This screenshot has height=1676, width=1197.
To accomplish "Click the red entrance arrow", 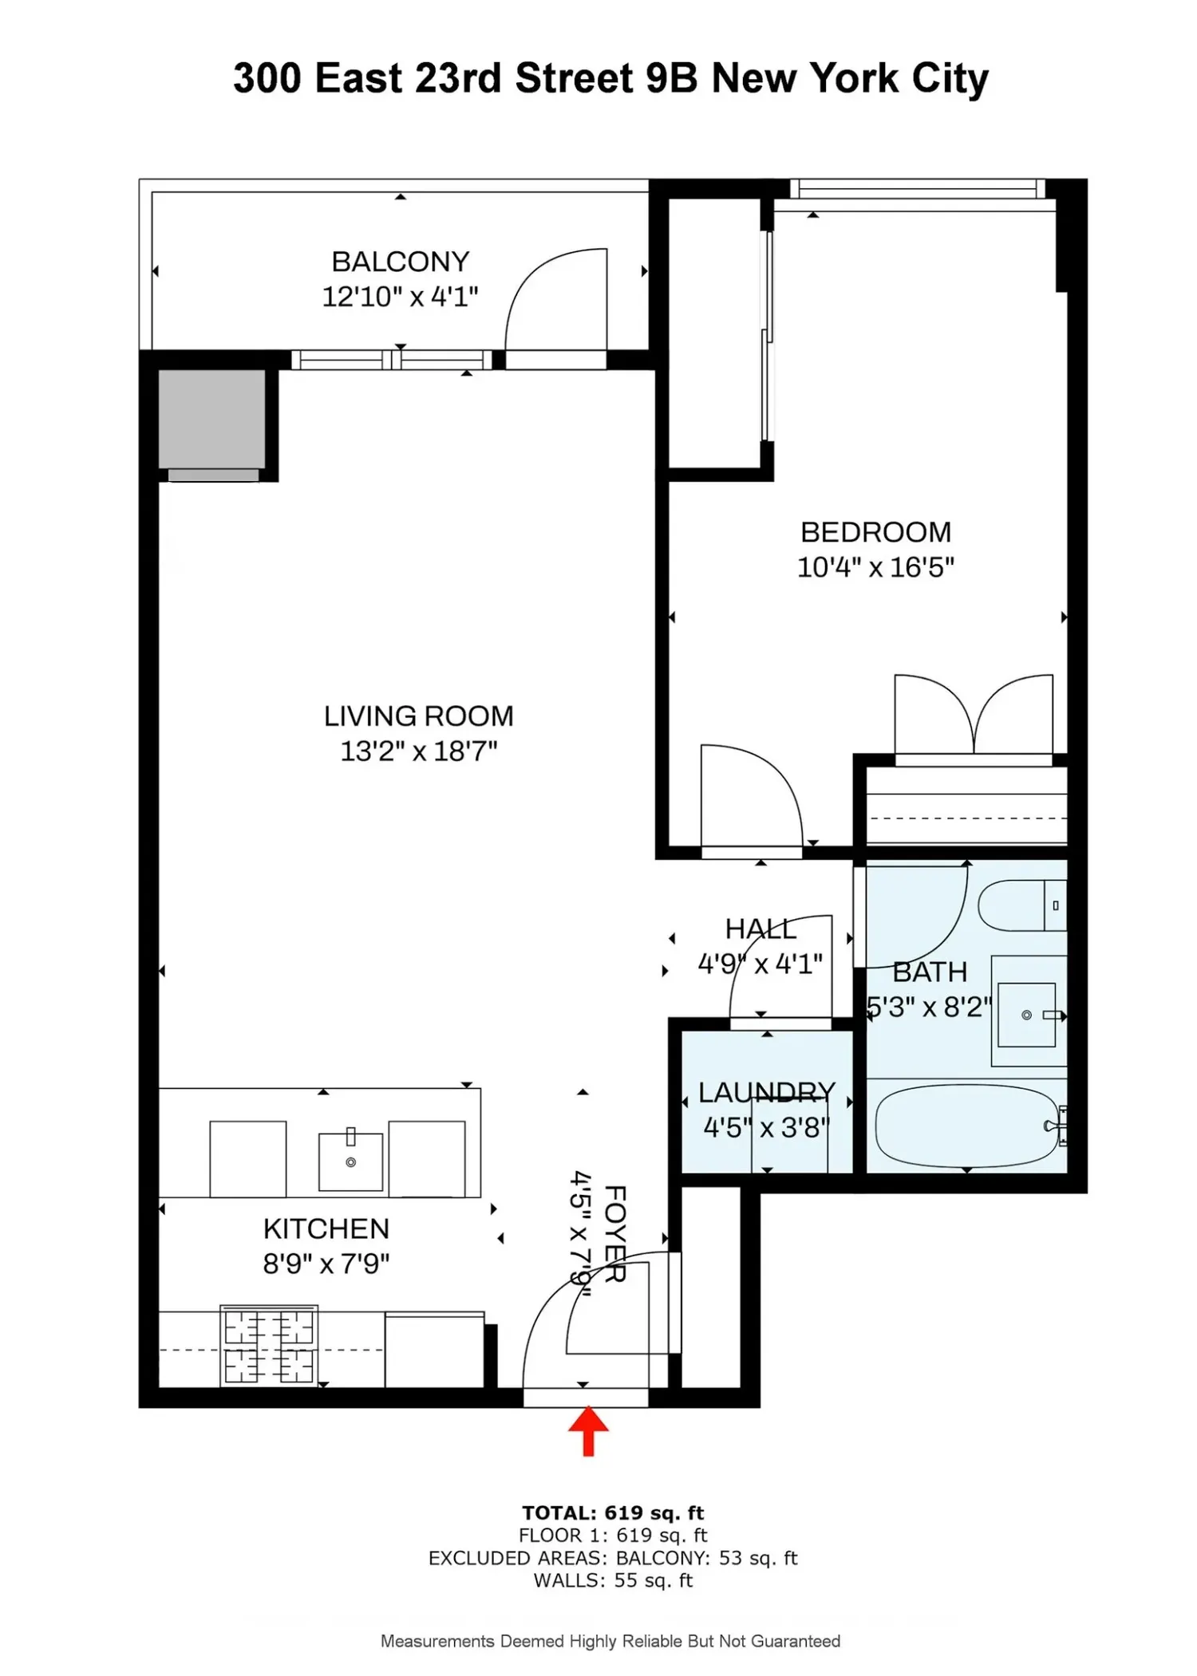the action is [x=588, y=1430].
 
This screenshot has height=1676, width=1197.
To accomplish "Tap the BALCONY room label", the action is [x=401, y=262].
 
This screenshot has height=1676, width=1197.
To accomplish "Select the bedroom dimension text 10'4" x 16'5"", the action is [x=876, y=567].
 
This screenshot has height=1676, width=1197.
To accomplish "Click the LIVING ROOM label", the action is [x=419, y=716].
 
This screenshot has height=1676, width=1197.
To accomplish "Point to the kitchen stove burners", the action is [x=269, y=1347].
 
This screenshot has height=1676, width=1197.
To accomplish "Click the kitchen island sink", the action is [x=350, y=1161].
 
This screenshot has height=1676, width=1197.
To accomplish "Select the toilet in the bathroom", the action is [x=1021, y=905].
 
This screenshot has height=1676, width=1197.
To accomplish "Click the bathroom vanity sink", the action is [x=1027, y=1015].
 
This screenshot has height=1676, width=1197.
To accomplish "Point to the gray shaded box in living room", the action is [x=211, y=419].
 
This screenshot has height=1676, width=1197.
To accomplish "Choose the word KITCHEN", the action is [x=326, y=1228].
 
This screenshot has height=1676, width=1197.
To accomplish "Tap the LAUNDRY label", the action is [x=767, y=1092].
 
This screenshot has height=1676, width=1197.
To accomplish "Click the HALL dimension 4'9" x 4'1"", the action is [x=760, y=964].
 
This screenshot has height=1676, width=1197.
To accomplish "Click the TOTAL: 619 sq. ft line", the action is [x=613, y=1513].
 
